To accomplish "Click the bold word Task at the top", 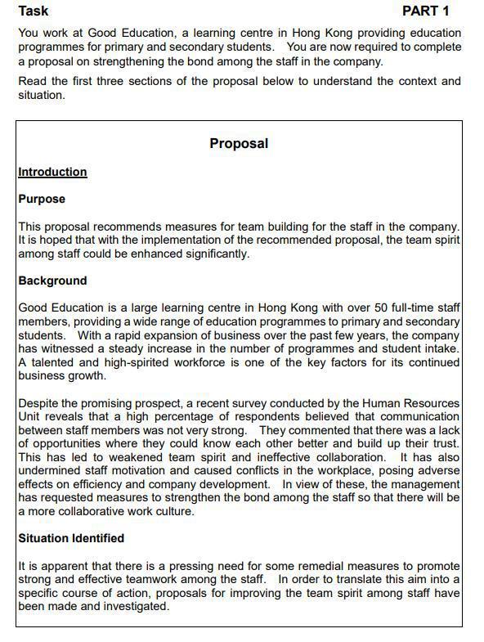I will [34, 11].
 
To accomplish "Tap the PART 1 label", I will [425, 11].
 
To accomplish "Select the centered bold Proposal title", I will [239, 143].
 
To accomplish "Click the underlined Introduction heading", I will [52, 172].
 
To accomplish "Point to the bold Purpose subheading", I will [42, 199].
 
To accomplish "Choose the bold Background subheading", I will [52, 281].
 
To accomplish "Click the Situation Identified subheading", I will [71, 538].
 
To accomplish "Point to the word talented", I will [55, 362].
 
